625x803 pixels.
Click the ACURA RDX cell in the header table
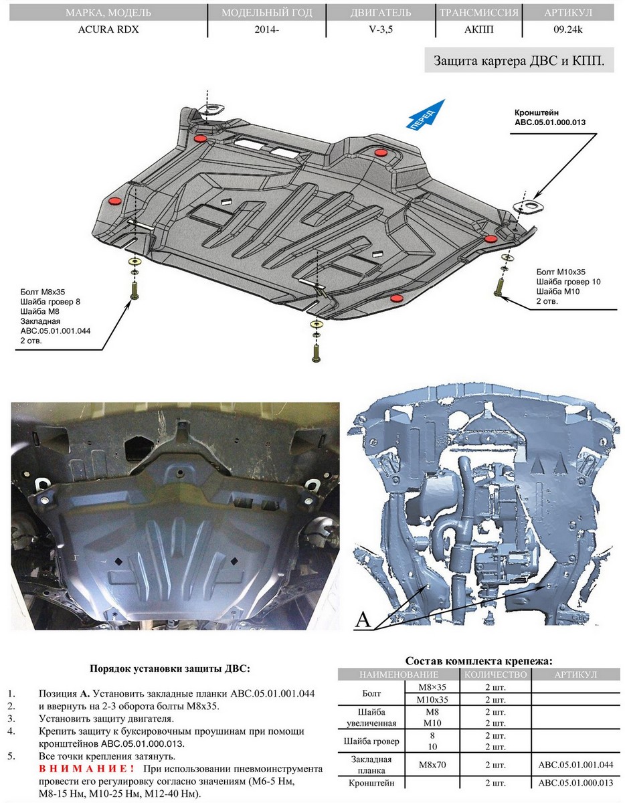[104, 29]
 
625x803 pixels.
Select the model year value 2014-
[267, 29]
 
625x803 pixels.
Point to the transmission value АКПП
[479, 29]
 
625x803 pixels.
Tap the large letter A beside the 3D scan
[362, 620]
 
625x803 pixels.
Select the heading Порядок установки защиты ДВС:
[169, 668]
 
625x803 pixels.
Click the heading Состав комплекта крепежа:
[479, 660]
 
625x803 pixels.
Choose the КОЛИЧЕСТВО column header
[495, 674]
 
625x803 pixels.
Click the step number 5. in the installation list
[12, 756]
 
